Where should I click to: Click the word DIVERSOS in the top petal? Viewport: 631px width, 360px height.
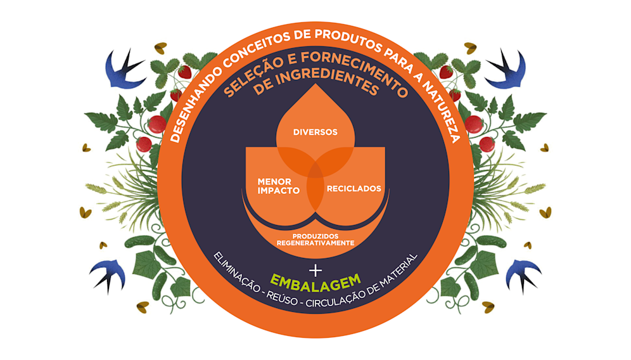(315, 132)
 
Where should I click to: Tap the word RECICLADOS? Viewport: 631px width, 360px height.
(354, 188)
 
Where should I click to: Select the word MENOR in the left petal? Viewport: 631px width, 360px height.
(274, 181)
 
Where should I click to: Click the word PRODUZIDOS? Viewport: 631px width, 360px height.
(315, 236)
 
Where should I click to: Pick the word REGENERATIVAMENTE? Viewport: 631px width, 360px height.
(315, 243)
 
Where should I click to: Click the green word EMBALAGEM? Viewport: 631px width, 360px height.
(315, 280)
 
